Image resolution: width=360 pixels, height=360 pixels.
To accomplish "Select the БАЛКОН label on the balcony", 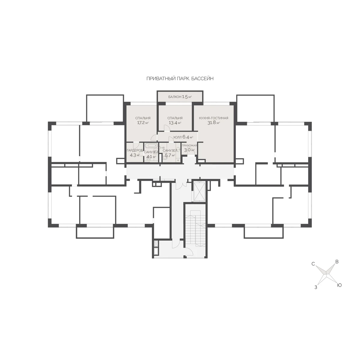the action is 175,97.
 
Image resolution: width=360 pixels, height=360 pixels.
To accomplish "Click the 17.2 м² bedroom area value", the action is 143,123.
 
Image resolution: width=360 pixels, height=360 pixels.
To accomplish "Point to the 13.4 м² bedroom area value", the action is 175,123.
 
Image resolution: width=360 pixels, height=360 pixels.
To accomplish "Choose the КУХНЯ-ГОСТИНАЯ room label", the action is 214,118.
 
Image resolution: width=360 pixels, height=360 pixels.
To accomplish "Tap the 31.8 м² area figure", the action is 214,123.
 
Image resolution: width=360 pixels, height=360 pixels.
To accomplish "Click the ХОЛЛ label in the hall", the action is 177,137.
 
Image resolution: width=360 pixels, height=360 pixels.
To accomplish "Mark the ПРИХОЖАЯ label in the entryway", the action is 189,145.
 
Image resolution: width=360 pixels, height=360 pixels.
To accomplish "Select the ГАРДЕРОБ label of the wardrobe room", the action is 135,150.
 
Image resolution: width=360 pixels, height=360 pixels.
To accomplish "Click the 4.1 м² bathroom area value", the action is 151,157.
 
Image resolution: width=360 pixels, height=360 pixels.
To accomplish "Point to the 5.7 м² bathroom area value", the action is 170,155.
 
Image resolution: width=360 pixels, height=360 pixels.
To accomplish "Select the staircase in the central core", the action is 195,229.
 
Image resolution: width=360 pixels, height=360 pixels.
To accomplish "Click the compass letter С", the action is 313,264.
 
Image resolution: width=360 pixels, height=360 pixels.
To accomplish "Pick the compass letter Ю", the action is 339,285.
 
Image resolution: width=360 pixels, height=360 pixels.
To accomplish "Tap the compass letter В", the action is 337,262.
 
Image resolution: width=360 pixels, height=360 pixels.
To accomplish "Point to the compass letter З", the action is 316,287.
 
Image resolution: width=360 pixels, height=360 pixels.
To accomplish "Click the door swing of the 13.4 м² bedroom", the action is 166,128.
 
